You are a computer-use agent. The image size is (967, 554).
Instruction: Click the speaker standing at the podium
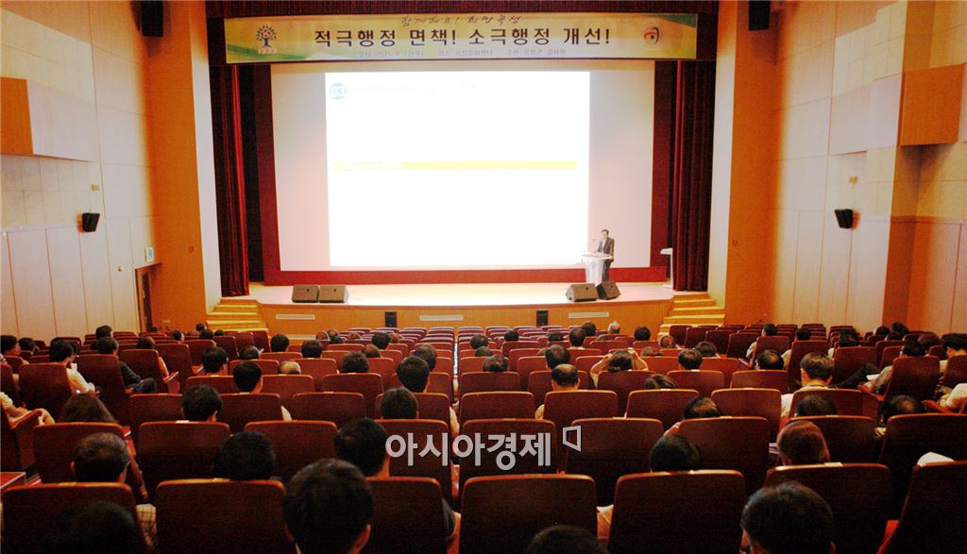click(x=605, y=250)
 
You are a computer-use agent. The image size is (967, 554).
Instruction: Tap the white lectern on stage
click(x=594, y=267)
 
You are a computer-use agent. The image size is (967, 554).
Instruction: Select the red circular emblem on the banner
click(x=652, y=36)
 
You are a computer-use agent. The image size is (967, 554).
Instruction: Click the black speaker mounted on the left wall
click(x=90, y=222)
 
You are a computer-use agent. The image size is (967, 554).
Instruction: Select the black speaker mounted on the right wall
click(x=843, y=218)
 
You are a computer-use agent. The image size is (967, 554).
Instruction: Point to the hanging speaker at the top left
click(x=152, y=18)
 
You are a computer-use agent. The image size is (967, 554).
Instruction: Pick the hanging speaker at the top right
click(x=758, y=14)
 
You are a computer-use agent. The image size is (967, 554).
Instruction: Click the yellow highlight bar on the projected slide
click(x=452, y=165)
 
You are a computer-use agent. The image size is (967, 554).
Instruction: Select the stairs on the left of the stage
click(x=234, y=314)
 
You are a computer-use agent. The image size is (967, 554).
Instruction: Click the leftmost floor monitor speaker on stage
click(x=305, y=294)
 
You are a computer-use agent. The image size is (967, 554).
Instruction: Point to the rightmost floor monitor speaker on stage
click(x=607, y=290)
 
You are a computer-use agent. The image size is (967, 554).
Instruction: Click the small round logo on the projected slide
click(x=337, y=91)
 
